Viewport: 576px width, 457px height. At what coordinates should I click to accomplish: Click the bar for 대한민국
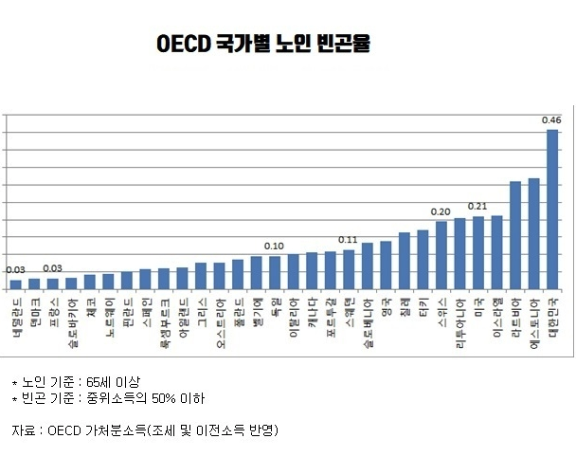click(x=552, y=209)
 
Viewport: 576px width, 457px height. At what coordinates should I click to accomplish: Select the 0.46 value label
click(x=551, y=120)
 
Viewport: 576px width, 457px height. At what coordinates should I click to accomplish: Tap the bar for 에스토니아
click(x=533, y=233)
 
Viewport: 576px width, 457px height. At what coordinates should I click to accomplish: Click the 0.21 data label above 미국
click(x=477, y=207)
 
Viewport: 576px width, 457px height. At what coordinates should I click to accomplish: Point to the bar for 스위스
click(x=441, y=254)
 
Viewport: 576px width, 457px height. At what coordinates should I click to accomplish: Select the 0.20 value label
click(x=441, y=211)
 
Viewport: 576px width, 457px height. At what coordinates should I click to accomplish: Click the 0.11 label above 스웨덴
click(x=348, y=240)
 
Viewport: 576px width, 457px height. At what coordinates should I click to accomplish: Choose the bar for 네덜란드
click(x=16, y=283)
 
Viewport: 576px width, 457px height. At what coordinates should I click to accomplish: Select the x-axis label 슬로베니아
click(x=368, y=323)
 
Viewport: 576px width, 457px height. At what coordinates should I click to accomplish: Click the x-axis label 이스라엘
click(x=497, y=319)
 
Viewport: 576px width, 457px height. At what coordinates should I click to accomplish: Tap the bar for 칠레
click(x=405, y=260)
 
